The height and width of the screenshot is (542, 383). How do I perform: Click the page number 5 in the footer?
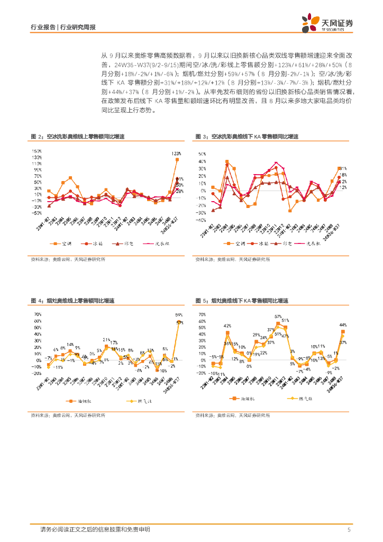click(349, 529)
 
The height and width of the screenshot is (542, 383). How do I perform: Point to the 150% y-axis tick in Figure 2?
click(37, 150)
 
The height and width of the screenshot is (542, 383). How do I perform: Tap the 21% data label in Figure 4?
click(106, 340)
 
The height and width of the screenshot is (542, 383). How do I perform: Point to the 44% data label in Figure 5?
click(343, 324)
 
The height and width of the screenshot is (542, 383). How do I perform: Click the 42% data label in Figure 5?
click(227, 326)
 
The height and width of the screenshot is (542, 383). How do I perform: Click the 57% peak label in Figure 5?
click(278, 317)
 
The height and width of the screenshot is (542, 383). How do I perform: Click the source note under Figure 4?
click(66, 415)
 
